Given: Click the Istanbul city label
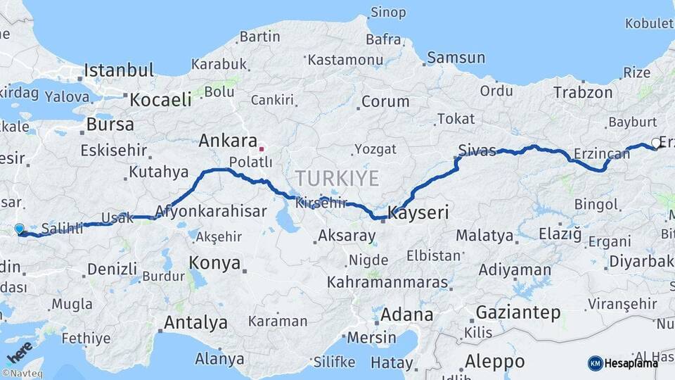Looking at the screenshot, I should (x=119, y=70).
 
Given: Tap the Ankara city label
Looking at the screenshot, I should (x=228, y=140).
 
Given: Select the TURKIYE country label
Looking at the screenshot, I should (x=337, y=177).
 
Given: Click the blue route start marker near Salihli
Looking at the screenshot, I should (x=19, y=229).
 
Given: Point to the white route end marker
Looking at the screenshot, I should (x=656, y=143).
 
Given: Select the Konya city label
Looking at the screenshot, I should (x=214, y=263).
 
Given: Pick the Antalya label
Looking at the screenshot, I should (x=195, y=323).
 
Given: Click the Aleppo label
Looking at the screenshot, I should (x=494, y=362).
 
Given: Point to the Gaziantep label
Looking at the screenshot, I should (x=518, y=312).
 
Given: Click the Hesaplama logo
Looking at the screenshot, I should (x=623, y=363).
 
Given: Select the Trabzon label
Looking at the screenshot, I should (x=583, y=92).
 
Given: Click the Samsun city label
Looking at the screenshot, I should (x=456, y=58).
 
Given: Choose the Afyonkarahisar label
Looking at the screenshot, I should (x=211, y=211).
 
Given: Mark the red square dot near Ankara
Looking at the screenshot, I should (x=262, y=148).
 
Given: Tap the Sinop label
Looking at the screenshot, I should (x=388, y=12).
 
